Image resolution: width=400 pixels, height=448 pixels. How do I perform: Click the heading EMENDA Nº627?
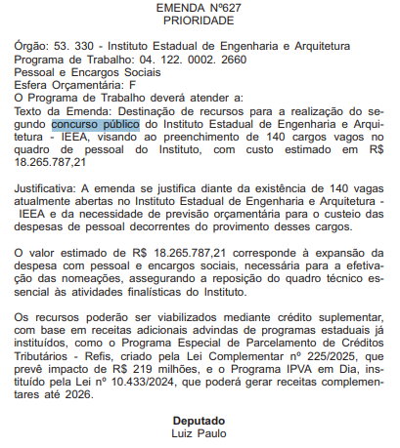pyautogui.click(x=199, y=8)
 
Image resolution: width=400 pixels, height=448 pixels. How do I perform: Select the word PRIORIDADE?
pyautogui.click(x=199, y=20)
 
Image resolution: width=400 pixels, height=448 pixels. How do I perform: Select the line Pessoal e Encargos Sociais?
pyautogui.click(x=88, y=72)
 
